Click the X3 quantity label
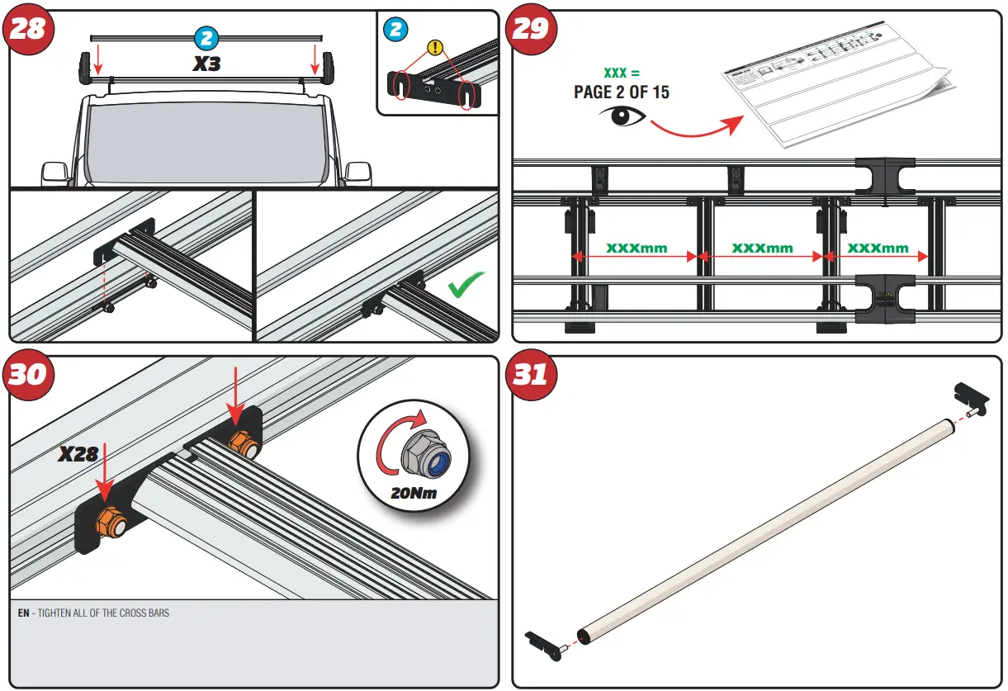(206, 64)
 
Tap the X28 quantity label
(78, 453)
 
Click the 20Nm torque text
(412, 495)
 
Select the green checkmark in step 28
(466, 286)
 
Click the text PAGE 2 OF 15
(621, 92)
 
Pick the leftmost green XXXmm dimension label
(636, 248)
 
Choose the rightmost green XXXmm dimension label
(878, 248)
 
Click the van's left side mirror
(54, 173)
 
